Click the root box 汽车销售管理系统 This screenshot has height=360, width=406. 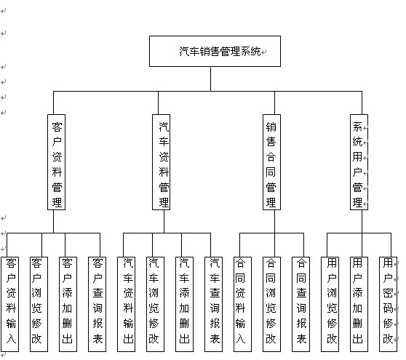click(x=215, y=51)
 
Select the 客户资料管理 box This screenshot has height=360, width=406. click(x=57, y=162)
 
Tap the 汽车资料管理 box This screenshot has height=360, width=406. click(x=161, y=162)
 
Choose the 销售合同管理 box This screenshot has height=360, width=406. click(x=271, y=162)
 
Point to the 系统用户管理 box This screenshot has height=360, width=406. click(x=359, y=162)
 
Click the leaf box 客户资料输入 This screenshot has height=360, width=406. click(x=10, y=304)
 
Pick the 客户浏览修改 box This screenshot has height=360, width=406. click(x=39, y=304)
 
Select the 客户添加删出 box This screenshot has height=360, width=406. click(x=68, y=304)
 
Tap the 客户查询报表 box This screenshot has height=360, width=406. click(x=97, y=304)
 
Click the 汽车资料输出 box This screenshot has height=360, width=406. click(x=126, y=304)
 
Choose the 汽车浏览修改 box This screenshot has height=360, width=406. click(x=156, y=304)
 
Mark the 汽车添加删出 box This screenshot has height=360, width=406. click(x=184, y=304)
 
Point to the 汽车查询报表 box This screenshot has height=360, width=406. click(x=213, y=304)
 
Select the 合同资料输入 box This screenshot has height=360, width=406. click(x=242, y=304)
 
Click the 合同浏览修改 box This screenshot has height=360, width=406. click(x=271, y=304)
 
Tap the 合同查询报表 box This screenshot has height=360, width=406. click(x=300, y=304)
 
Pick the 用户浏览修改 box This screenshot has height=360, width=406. click(x=330, y=304)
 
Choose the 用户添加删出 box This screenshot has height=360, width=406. click(x=359, y=304)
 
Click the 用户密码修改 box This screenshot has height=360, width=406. click(x=388, y=304)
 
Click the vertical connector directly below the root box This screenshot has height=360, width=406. click(x=210, y=79)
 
